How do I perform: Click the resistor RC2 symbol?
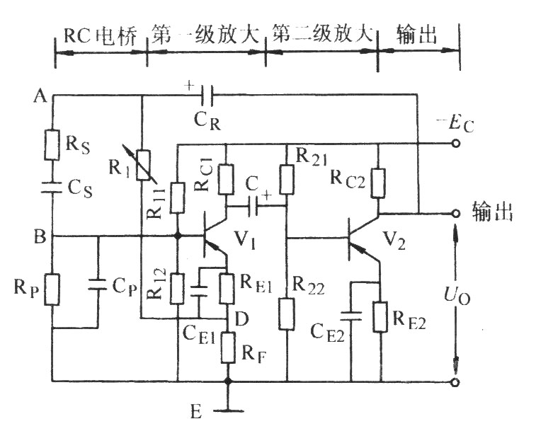coord(378,182)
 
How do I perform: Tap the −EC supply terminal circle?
coord(455,144)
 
